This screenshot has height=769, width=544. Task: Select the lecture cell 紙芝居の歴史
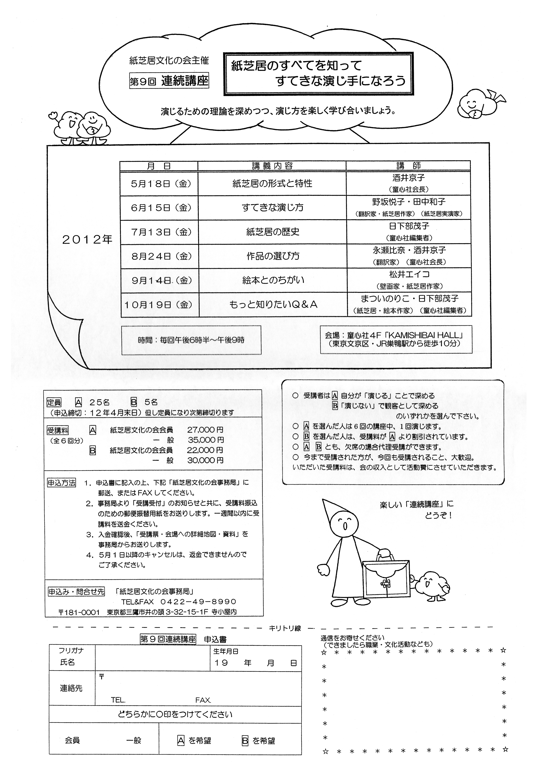point(273,232)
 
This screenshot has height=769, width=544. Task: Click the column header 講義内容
point(272,166)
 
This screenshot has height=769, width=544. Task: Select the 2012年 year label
point(87,239)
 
